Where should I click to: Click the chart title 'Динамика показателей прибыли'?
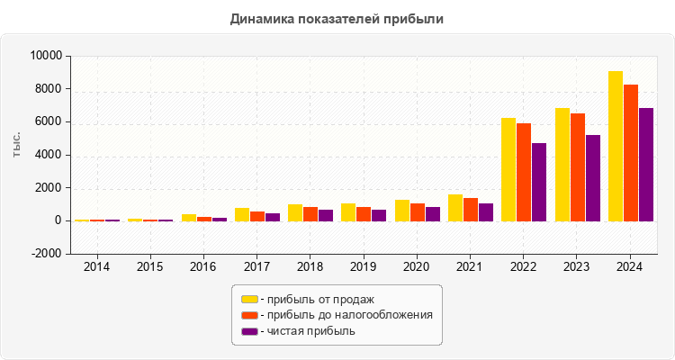click(x=337, y=18)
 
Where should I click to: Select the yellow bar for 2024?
click(x=616, y=146)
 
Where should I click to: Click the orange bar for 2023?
click(x=578, y=166)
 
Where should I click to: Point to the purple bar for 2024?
click(x=646, y=164)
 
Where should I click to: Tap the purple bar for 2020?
click(x=433, y=213)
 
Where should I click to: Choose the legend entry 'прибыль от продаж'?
click(x=314, y=299)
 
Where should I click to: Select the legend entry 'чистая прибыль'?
click(x=306, y=331)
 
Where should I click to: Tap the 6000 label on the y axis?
click(x=49, y=121)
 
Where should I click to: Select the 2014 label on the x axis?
click(x=96, y=267)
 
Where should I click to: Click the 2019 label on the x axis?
click(x=364, y=267)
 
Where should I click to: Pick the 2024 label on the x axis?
click(x=630, y=267)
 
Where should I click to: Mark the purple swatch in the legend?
click(x=249, y=331)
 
